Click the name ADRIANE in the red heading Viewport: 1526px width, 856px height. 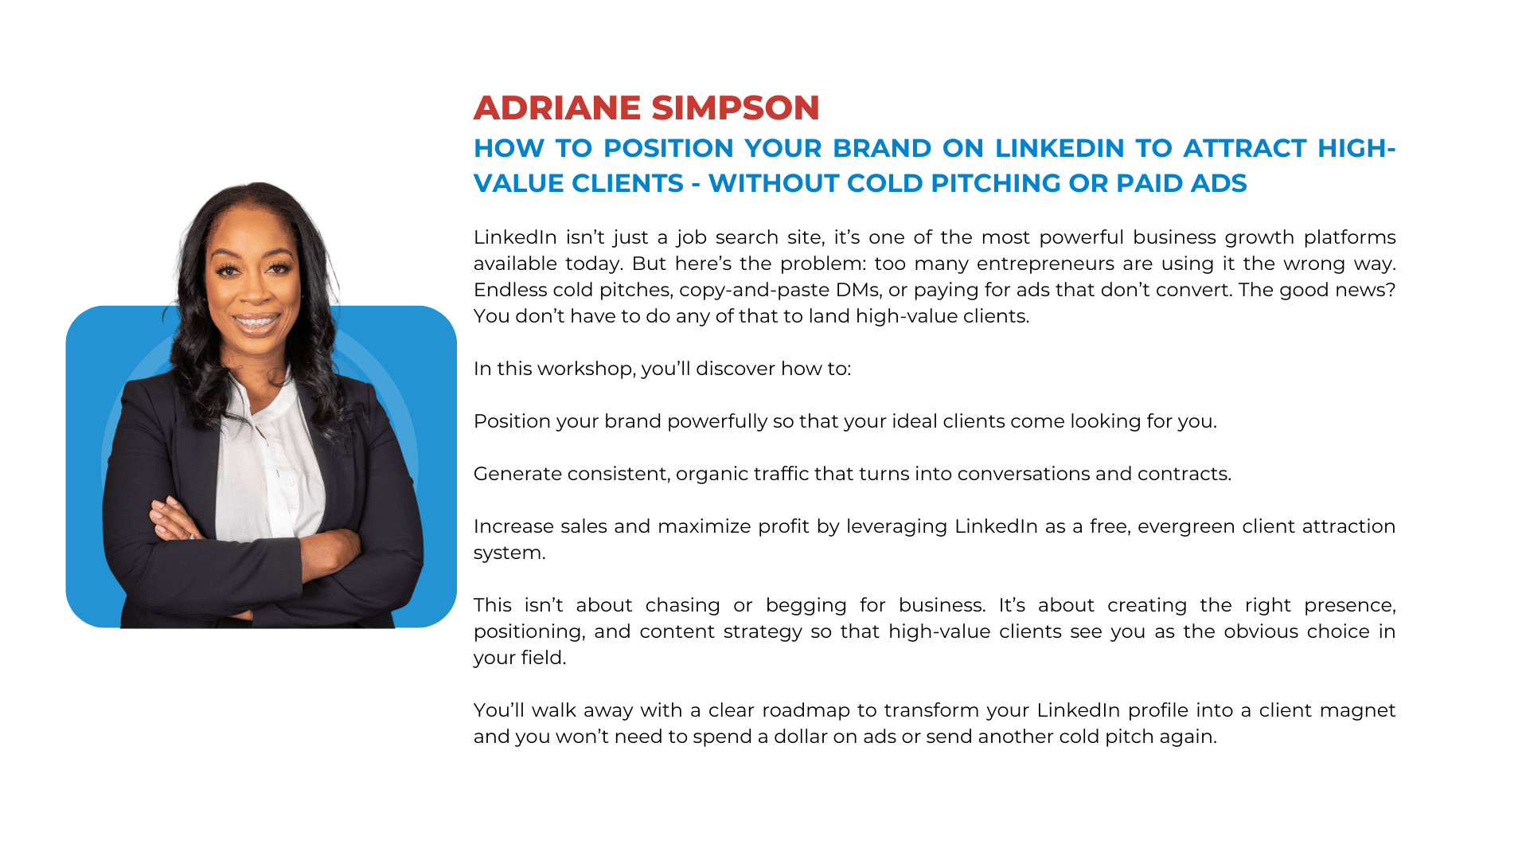pos(557,108)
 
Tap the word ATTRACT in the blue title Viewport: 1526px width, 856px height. pos(1245,148)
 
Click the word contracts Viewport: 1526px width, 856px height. pos(1185,474)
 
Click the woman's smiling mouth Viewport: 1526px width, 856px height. pos(256,322)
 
